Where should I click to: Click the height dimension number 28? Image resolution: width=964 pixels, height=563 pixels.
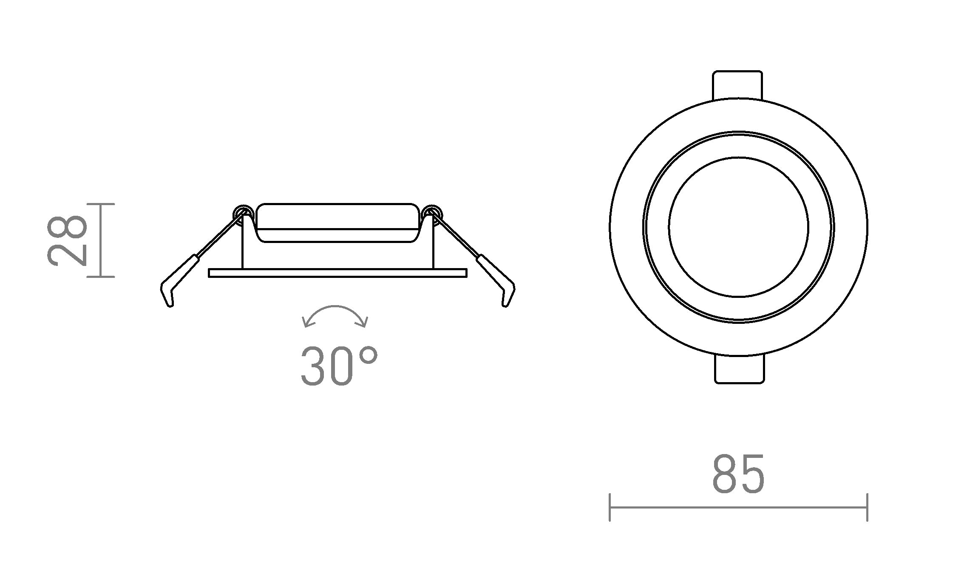[67, 241]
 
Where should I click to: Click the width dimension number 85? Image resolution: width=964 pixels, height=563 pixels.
[738, 474]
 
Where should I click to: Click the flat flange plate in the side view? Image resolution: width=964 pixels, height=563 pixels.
[337, 273]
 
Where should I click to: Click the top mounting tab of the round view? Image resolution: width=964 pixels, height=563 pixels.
[737, 85]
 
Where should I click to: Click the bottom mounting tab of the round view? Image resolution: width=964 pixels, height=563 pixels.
[739, 369]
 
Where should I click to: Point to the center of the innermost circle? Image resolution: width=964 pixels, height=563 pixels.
[738, 227]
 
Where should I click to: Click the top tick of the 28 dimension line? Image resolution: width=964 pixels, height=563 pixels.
[101, 204]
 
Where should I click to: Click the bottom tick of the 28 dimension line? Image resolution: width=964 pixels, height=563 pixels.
[101, 277]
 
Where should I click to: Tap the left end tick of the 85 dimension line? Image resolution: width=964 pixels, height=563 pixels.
[610, 507]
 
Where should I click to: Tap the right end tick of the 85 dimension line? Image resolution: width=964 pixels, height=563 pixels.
[867, 507]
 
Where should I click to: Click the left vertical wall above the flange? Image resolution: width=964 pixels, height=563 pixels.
[242, 247]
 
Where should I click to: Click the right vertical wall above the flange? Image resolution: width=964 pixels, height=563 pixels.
[433, 247]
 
